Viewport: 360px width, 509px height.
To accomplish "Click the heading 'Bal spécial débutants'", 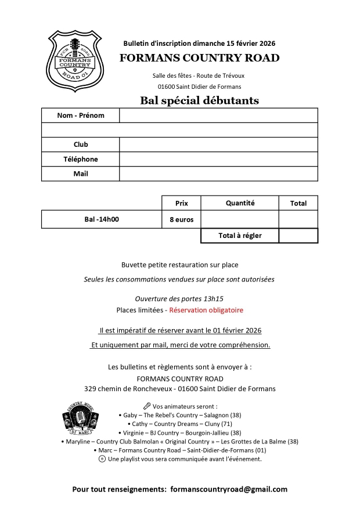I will pos(199,101).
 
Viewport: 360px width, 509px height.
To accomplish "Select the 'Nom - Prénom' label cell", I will pos(81,115).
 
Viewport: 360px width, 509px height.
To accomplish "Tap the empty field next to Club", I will pos(218,145).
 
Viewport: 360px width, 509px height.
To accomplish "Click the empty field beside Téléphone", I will pos(218,159).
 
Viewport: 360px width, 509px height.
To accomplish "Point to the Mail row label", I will pos(81,174).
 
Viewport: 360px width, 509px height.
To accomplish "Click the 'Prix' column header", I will pos(181,203).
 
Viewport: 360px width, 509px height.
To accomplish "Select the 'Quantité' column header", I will pos(240,203).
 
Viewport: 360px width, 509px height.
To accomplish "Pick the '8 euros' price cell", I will pos(181,219).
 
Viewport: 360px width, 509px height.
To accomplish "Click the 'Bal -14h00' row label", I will pos(102,219).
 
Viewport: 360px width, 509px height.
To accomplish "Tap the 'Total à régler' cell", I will pos(240,236).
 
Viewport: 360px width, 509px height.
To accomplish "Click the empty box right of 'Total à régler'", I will pos(298,236).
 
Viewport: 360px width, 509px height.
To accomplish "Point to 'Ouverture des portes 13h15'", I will pos(179,298).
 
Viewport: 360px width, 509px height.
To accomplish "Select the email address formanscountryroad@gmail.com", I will pos(229,489).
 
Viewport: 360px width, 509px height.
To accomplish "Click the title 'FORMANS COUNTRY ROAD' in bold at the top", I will pos(199,57).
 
